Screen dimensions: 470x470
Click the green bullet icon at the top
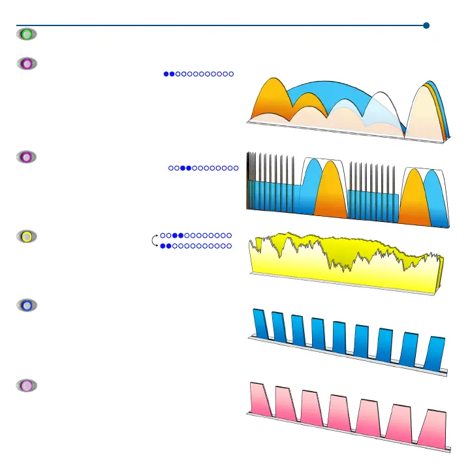(26, 34)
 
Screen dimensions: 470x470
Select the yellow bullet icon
(27, 237)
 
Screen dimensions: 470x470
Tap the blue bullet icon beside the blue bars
(26, 305)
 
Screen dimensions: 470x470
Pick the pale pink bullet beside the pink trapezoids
(26, 386)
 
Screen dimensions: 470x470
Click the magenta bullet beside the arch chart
(26, 64)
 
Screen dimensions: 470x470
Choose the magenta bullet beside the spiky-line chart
(26, 157)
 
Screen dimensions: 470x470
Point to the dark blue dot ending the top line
(426, 26)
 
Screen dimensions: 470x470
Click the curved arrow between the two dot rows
(155, 240)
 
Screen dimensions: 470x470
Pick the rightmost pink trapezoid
(432, 429)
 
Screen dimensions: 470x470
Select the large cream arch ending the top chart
(424, 114)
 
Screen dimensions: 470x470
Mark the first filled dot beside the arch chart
(166, 74)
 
